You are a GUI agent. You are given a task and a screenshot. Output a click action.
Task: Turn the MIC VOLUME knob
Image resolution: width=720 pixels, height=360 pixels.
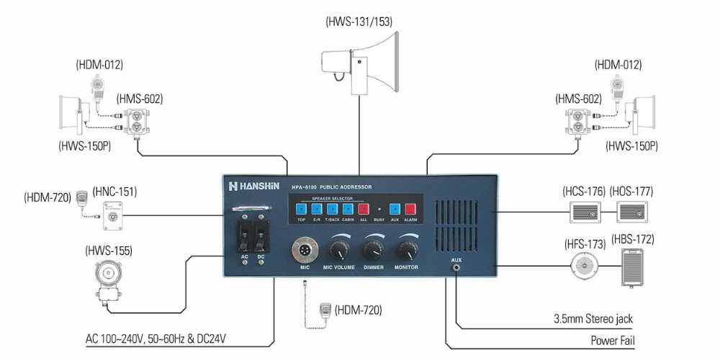pyautogui.click(x=339, y=250)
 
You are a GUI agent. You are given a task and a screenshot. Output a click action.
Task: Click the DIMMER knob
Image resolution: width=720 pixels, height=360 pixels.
pyautogui.click(x=373, y=250)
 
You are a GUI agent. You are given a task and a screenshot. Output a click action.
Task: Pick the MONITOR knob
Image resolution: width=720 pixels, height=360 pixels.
pyautogui.click(x=407, y=250)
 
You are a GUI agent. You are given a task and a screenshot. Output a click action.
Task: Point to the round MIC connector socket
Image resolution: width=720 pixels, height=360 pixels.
pyautogui.click(x=303, y=251)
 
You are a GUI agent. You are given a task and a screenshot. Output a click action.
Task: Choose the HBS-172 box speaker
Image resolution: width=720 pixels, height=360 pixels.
pyautogui.click(x=635, y=268)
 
